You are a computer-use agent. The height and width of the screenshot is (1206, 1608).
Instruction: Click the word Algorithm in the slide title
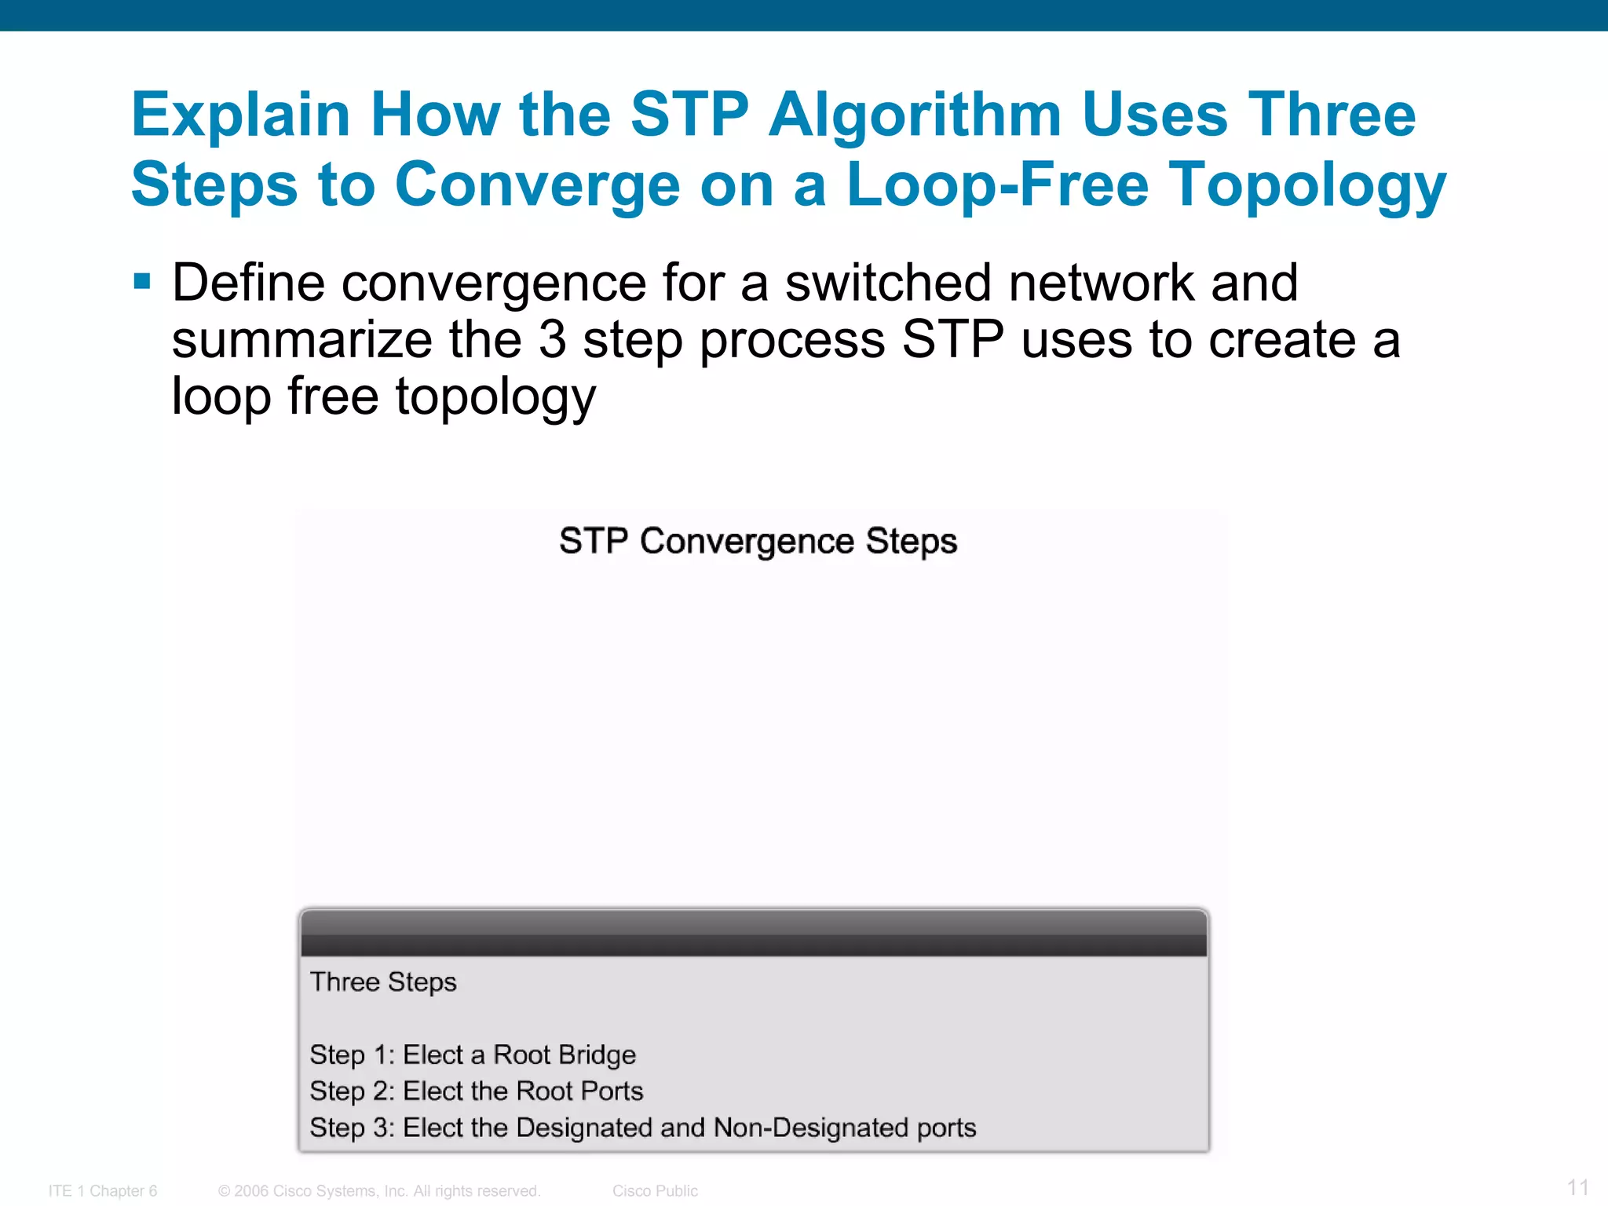tap(915, 115)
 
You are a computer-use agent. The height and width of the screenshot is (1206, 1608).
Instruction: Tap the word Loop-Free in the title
tap(997, 185)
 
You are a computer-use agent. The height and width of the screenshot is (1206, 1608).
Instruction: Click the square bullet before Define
tap(142, 281)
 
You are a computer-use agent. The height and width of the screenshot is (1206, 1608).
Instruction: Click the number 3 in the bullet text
tap(552, 340)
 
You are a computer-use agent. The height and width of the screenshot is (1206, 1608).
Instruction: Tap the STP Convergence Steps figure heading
tap(758, 541)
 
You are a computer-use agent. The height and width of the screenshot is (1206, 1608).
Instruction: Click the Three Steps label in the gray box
tap(383, 981)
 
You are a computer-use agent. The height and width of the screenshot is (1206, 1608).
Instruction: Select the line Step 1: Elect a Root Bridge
tap(473, 1054)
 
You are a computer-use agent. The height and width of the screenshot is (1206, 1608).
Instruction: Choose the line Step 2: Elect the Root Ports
tap(477, 1091)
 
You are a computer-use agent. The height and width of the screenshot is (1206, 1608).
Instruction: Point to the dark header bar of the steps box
tap(754, 934)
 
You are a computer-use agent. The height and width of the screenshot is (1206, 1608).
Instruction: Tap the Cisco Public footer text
tap(655, 1191)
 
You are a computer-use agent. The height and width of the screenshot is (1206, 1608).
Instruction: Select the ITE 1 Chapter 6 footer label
tap(103, 1191)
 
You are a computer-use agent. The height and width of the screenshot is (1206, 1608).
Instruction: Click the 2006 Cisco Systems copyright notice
tap(379, 1191)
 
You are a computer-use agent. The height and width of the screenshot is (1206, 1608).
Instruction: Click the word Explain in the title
tap(241, 115)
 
